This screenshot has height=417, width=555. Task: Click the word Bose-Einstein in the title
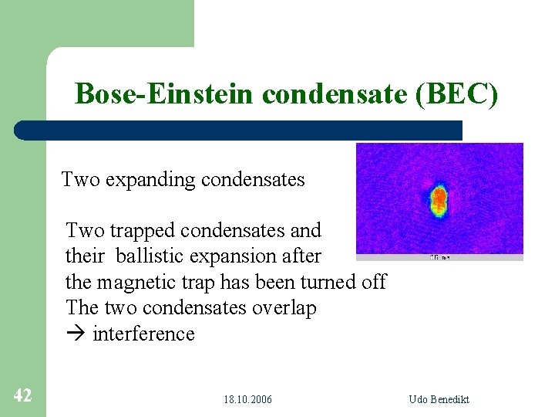pyautogui.click(x=165, y=94)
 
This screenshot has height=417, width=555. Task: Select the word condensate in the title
pyautogui.click(x=335, y=94)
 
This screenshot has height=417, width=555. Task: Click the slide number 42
pyautogui.click(x=22, y=396)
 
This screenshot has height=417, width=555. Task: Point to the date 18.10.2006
pyautogui.click(x=247, y=399)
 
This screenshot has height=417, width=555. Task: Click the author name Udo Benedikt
pyautogui.click(x=439, y=399)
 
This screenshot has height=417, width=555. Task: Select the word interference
pyautogui.click(x=143, y=334)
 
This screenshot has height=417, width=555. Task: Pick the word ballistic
pyautogui.click(x=157, y=256)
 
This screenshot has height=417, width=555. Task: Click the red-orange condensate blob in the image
pyautogui.click(x=439, y=199)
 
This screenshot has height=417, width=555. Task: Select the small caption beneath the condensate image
pyautogui.click(x=439, y=257)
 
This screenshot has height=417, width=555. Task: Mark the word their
pyautogui.click(x=85, y=256)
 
